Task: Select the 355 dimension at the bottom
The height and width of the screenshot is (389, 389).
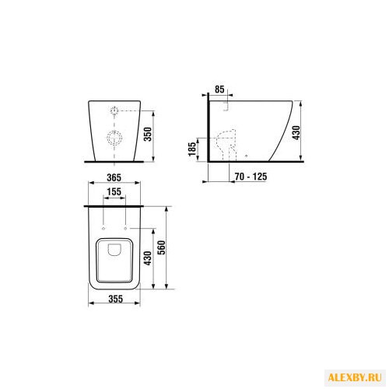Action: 114,297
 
